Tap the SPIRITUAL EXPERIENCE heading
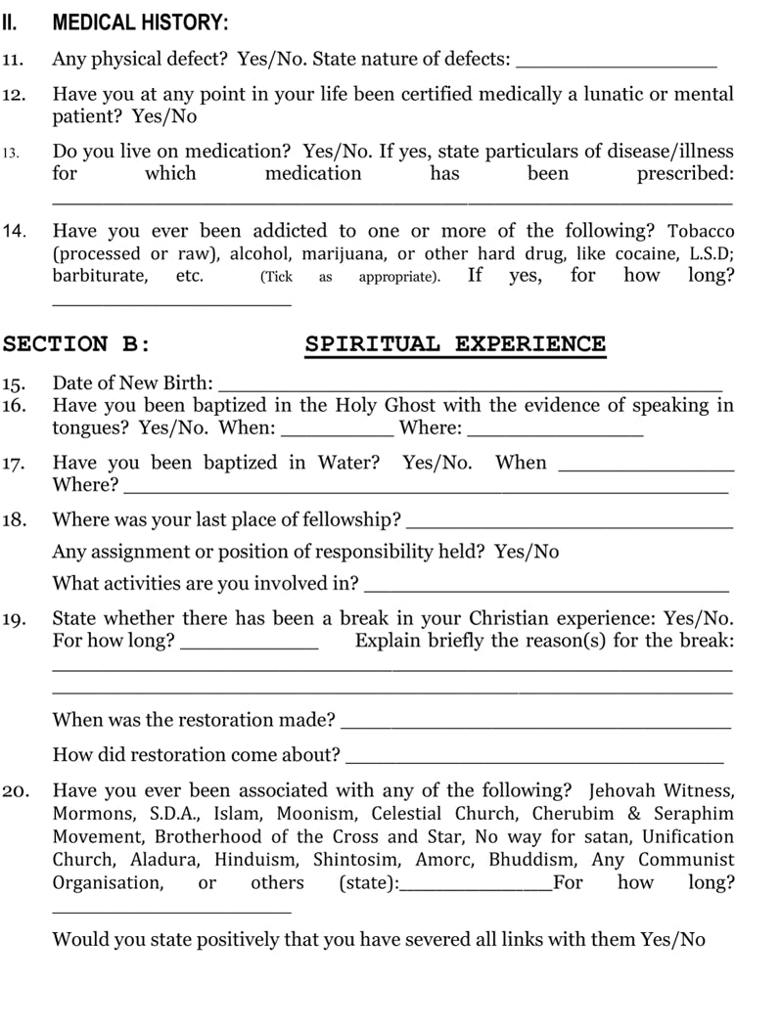[x=455, y=344]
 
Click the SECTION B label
[x=76, y=344]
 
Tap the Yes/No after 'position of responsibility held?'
[x=527, y=552]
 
